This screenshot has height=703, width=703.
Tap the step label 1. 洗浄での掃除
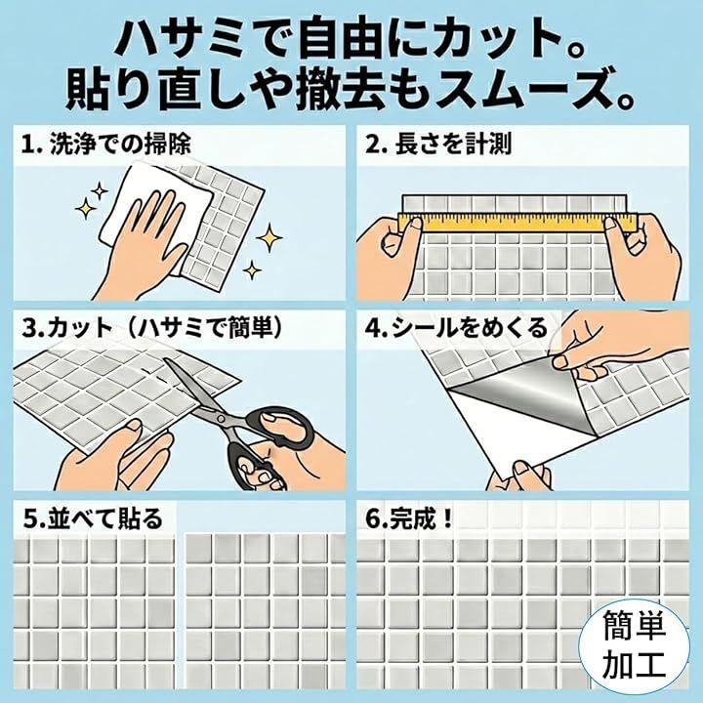pyautogui.click(x=106, y=145)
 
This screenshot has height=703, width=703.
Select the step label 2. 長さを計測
pyautogui.click(x=438, y=145)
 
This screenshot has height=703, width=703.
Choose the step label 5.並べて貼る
pyautogui.click(x=93, y=518)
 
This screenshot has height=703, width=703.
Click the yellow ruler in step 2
pyautogui.click(x=517, y=223)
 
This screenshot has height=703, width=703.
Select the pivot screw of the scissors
pyautogui.click(x=221, y=418)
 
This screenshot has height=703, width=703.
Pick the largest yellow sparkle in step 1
pyautogui.click(x=269, y=236)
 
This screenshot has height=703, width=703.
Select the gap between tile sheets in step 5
pyautogui.click(x=181, y=609)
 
